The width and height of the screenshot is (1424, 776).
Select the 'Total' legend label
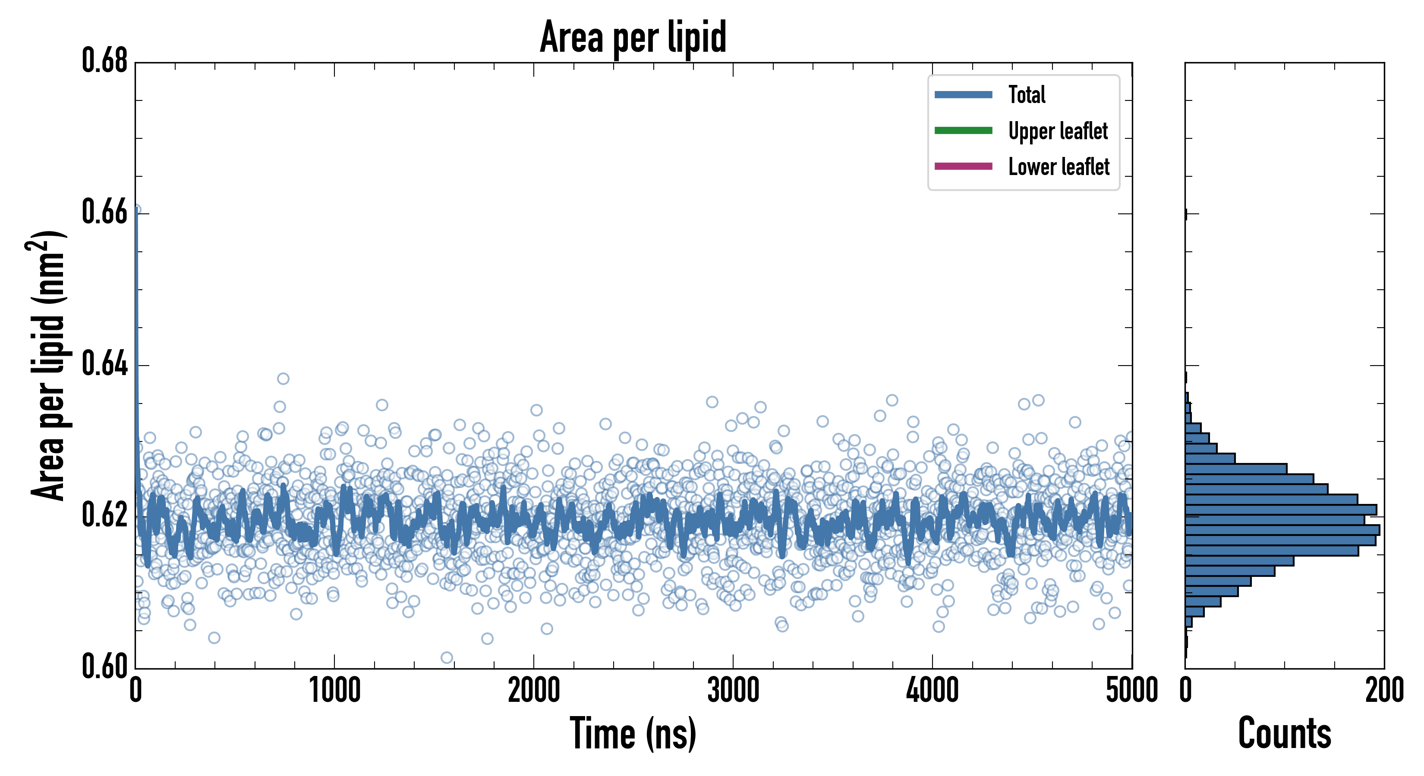(x=1027, y=94)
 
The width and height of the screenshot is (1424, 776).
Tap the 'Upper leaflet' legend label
(x=1058, y=131)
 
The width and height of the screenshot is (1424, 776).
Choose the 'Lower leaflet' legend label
(x=1059, y=166)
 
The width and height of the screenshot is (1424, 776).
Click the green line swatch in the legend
(x=963, y=130)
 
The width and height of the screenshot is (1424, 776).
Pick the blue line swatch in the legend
(x=963, y=94)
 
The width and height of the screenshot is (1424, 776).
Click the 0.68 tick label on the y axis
(x=105, y=61)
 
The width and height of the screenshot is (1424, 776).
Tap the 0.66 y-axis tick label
(x=105, y=212)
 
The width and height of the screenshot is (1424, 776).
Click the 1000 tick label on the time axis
(x=334, y=690)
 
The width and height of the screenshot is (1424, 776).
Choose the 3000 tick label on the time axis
(x=733, y=690)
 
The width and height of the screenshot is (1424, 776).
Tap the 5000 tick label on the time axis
(x=1131, y=690)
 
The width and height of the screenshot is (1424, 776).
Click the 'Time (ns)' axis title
(x=633, y=733)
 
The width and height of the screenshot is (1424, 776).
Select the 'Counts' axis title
(x=1285, y=733)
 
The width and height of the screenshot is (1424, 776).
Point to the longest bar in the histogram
(x=1282, y=530)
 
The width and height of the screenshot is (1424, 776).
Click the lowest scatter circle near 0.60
(x=447, y=657)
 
